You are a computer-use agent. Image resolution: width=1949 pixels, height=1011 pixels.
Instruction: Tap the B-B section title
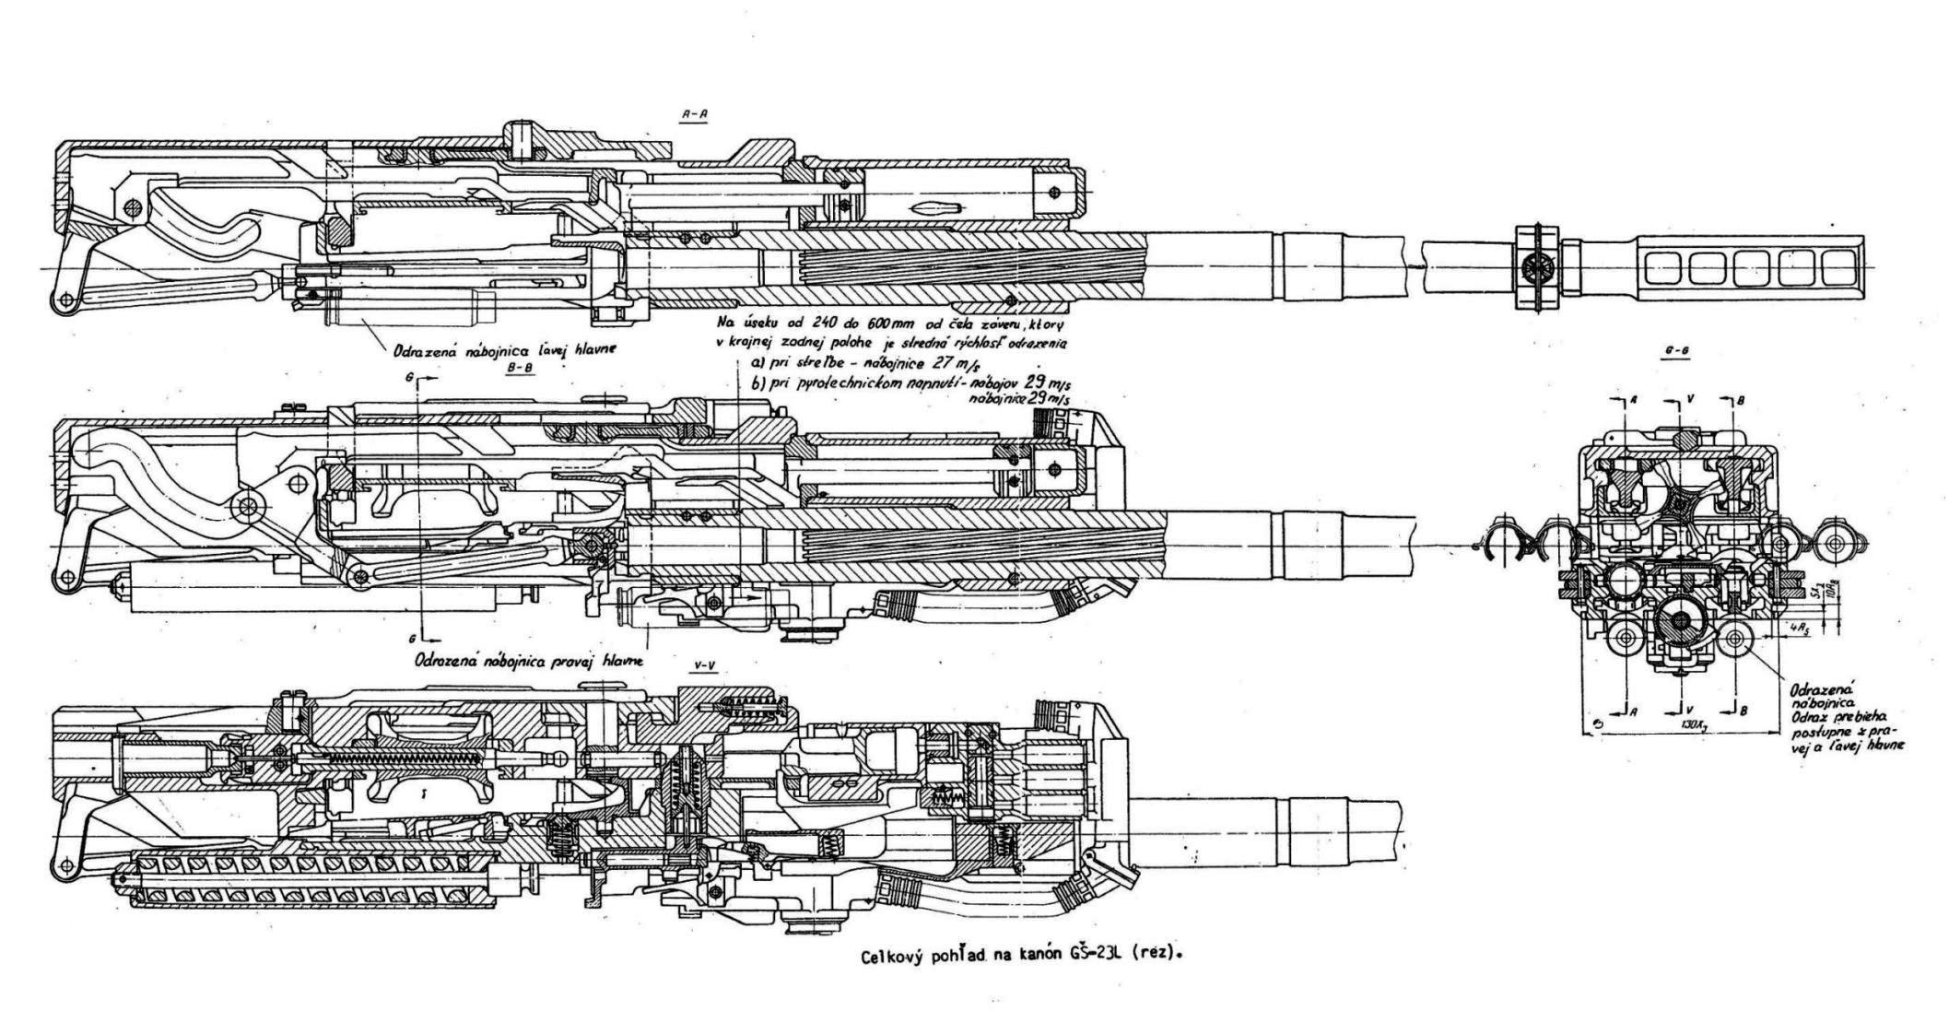[522, 367]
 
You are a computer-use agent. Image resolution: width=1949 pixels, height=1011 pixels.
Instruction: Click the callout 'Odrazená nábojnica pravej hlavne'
[529, 661]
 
